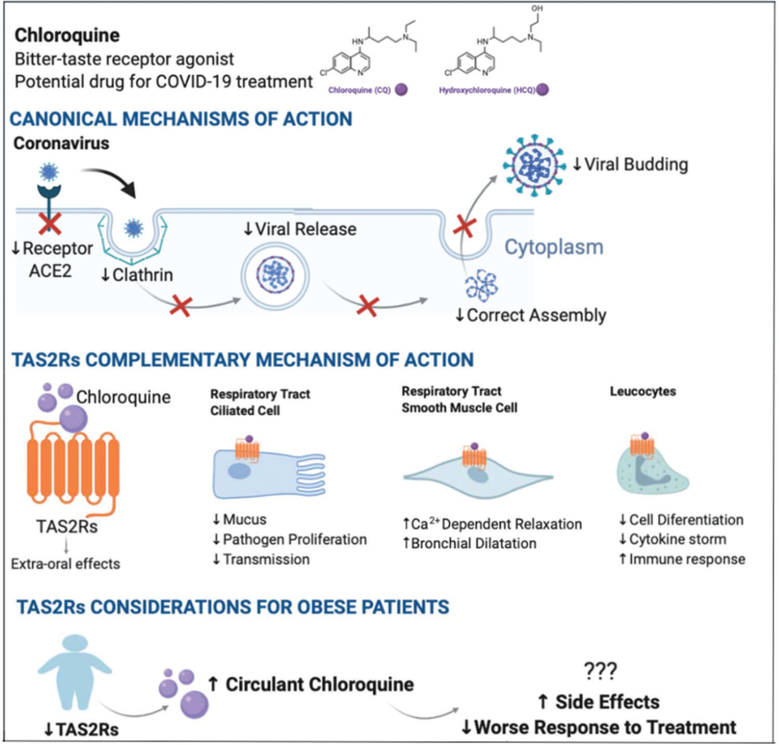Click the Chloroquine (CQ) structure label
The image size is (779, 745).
(x=359, y=90)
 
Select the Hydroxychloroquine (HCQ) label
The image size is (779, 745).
(x=487, y=90)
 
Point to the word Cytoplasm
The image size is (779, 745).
(x=554, y=247)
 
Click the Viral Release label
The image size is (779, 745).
(x=300, y=229)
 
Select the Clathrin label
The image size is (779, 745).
(x=137, y=275)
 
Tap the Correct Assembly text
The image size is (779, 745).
(x=531, y=315)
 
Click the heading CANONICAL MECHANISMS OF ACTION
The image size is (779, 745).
(x=181, y=119)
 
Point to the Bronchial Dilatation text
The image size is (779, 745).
(x=469, y=543)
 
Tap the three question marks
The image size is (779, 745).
(x=600, y=671)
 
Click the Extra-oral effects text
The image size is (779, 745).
(x=65, y=564)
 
